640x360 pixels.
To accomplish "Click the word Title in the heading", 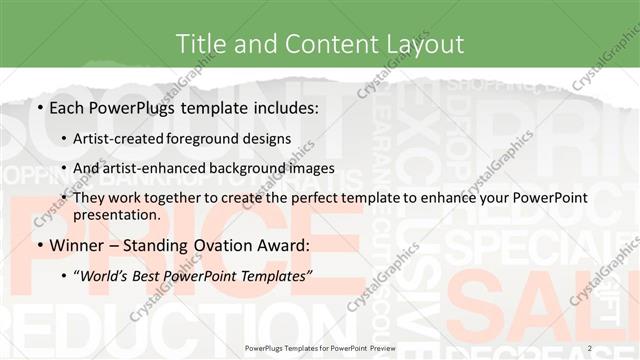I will point(199,43).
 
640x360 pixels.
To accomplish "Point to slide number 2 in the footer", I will point(590,347).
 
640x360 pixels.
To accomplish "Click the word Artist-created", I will point(127,139).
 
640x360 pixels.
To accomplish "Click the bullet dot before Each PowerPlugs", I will point(38,107).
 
